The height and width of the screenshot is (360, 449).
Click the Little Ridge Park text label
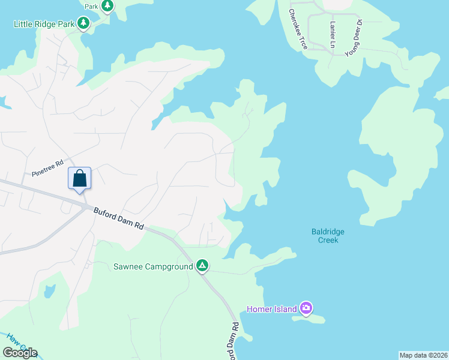point(44,24)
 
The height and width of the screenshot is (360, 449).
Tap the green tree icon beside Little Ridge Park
point(84,24)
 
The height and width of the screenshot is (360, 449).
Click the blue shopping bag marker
point(80,179)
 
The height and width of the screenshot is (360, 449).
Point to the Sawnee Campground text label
point(153,266)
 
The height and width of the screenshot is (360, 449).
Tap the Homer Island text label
point(272,309)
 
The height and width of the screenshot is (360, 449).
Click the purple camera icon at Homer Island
point(306,309)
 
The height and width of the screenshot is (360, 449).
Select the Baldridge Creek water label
point(328,236)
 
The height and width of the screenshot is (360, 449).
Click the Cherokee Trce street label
point(298,29)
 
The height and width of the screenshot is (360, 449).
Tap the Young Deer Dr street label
point(354,38)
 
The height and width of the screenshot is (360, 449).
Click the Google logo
point(20,352)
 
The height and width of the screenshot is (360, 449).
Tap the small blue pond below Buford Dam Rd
point(49,290)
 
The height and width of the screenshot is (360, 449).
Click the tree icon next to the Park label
point(107,6)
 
